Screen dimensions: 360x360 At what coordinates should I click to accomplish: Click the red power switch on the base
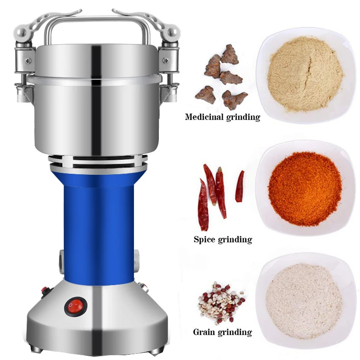[75, 305]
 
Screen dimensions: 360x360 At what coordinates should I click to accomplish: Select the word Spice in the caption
[205, 239]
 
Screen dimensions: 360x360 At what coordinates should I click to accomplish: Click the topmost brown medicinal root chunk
[229, 54]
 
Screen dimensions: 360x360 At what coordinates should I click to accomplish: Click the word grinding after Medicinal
[243, 117]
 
